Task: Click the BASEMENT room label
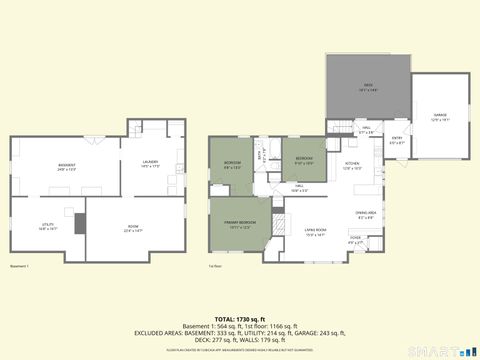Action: pos(67,165)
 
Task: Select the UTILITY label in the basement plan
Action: pos(47,226)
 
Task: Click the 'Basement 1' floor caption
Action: pos(19,266)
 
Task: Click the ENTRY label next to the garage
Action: pos(396,138)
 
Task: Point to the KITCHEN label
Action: pos(352,164)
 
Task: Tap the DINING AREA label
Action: pos(366,213)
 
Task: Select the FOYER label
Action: pos(355,239)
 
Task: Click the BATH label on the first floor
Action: pos(263,154)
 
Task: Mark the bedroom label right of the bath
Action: pos(304,158)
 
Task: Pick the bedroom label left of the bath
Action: pos(231,164)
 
